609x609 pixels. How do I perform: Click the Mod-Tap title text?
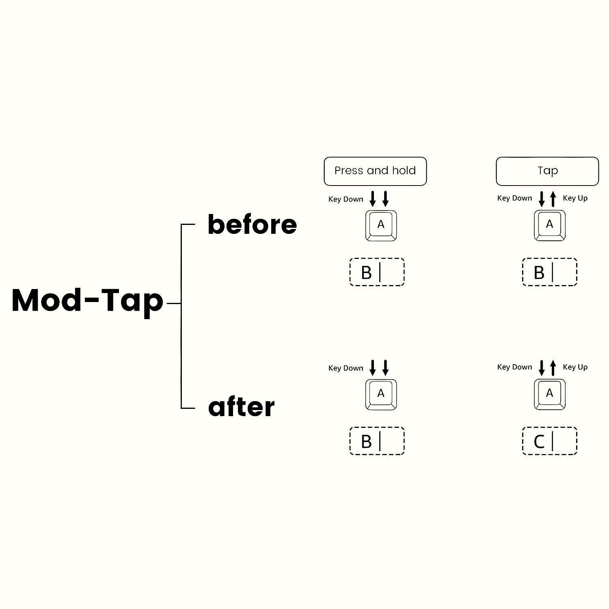coord(87,301)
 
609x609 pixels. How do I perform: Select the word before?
coord(252,224)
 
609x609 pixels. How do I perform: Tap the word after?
coord(241,407)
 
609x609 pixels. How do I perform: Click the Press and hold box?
coord(375,171)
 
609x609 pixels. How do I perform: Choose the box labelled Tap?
coord(547,171)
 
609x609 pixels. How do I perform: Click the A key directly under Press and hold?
coord(381,226)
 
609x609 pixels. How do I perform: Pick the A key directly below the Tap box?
coord(550,225)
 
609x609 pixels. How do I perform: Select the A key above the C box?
coord(550,394)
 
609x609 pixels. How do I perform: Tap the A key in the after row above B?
coord(381,395)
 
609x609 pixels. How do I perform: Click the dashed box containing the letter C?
coord(549,441)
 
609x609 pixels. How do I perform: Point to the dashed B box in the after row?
coord(377,441)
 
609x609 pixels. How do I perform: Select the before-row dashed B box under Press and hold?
coord(377,272)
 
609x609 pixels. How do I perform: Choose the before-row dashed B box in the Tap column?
coord(549,272)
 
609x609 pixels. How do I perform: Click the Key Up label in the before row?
coord(575,198)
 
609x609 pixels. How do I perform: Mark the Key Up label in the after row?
coord(575,367)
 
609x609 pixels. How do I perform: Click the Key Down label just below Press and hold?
coord(346,199)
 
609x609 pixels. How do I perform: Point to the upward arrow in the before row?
coord(553,199)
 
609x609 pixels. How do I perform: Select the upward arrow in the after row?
coord(553,368)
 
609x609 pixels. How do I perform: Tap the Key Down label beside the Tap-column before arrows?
coord(514,198)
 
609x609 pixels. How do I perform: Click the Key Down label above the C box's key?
coord(514,367)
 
